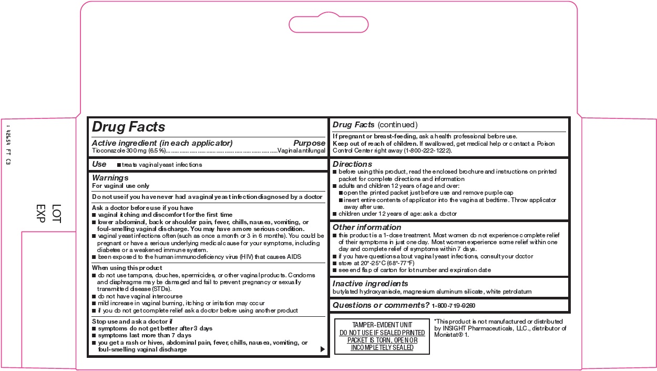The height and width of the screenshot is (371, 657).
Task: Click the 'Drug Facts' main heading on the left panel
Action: point(129,127)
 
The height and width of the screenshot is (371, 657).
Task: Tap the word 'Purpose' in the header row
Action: point(309,143)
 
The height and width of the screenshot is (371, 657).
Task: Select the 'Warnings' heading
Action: point(110,178)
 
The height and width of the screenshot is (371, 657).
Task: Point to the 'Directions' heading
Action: point(352,164)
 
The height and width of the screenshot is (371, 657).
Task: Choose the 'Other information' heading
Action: point(367,227)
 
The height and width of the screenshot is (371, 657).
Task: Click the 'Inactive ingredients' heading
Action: point(371,284)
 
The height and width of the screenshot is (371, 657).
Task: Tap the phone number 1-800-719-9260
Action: point(454,306)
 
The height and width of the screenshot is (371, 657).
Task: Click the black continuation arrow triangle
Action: point(322,349)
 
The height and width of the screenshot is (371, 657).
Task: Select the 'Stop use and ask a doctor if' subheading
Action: point(132,321)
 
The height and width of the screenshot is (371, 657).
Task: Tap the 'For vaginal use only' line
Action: point(121,186)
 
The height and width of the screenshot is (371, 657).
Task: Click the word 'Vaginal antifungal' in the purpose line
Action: point(302,151)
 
